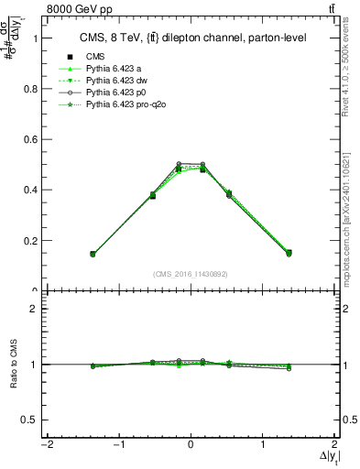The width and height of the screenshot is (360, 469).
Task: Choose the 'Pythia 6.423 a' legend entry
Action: (x=115, y=69)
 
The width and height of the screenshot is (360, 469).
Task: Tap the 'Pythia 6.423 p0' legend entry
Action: (x=117, y=93)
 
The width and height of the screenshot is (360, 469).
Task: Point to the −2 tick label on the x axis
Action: (x=45, y=446)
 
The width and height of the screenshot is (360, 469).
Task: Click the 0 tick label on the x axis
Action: (x=191, y=446)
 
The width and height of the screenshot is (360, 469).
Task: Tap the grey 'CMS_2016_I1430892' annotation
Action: (x=191, y=273)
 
